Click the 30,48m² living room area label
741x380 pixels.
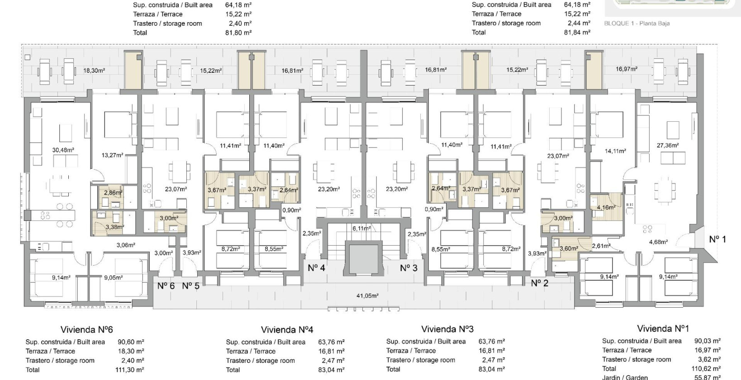click(63, 150)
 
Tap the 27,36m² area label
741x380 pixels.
click(668, 145)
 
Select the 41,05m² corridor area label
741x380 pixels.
click(367, 296)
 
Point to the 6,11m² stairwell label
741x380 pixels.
click(361, 228)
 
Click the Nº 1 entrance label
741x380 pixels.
click(717, 239)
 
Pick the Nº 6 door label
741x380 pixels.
click(166, 285)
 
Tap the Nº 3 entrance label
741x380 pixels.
click(408, 268)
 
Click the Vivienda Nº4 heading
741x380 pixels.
click(287, 329)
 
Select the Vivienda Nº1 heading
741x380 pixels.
click(663, 328)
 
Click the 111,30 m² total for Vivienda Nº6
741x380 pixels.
click(130, 370)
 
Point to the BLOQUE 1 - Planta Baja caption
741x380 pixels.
click(637, 24)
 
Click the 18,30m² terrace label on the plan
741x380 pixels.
click(94, 71)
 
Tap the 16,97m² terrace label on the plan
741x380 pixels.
click(627, 69)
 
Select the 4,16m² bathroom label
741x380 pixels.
click(606, 208)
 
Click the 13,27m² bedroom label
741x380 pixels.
click(113, 155)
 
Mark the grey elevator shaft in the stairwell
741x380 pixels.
click(364, 259)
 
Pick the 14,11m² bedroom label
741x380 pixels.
click(615, 151)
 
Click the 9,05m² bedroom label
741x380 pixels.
click(114, 277)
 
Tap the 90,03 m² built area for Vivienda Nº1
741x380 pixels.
click(708, 341)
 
